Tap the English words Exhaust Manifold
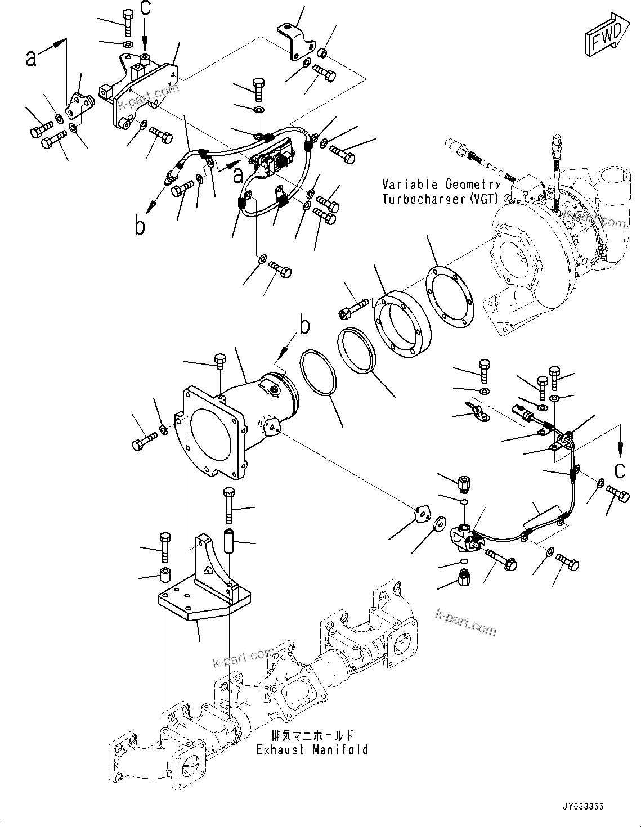(312, 749)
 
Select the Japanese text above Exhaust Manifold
(312, 735)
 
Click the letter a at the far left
(32, 56)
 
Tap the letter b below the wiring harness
(140, 226)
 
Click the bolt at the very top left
(128, 22)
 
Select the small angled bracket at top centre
(294, 41)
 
